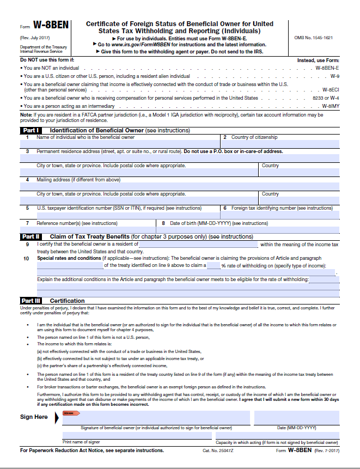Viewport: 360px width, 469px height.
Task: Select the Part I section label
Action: pyautogui.click(x=30, y=131)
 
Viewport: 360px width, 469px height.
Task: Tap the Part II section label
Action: pyautogui.click(x=30, y=237)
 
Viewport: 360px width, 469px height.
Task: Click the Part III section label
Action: pyautogui.click(x=30, y=301)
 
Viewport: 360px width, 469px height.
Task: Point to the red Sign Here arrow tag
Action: pyautogui.click(x=71, y=413)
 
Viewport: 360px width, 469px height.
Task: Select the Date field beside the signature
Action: pyautogui.click(x=296, y=418)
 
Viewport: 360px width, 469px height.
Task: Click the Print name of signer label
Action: pyautogui.click(x=81, y=442)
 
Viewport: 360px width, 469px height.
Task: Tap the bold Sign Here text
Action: pyautogui.click(x=33, y=417)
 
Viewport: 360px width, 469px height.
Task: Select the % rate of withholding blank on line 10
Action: pyautogui.click(x=213, y=266)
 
